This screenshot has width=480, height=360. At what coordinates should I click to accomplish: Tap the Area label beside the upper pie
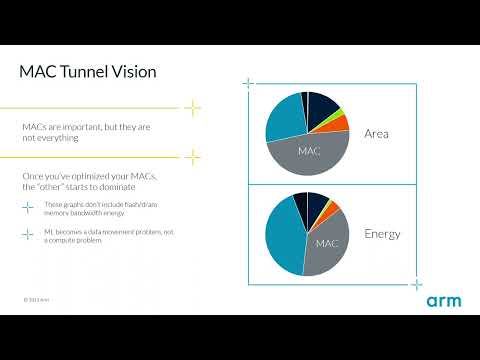click(x=377, y=133)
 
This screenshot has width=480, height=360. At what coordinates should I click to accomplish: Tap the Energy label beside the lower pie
click(x=382, y=234)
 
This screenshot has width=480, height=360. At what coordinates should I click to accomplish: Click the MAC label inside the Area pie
click(x=310, y=151)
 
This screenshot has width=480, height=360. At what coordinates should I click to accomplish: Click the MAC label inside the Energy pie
click(x=327, y=243)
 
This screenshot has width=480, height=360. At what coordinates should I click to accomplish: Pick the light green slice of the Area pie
click(x=339, y=112)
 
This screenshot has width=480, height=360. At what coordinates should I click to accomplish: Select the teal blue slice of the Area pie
click(x=283, y=120)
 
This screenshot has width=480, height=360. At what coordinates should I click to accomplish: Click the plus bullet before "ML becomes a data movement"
click(x=27, y=235)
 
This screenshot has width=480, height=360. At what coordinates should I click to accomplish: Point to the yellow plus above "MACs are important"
click(x=193, y=108)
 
